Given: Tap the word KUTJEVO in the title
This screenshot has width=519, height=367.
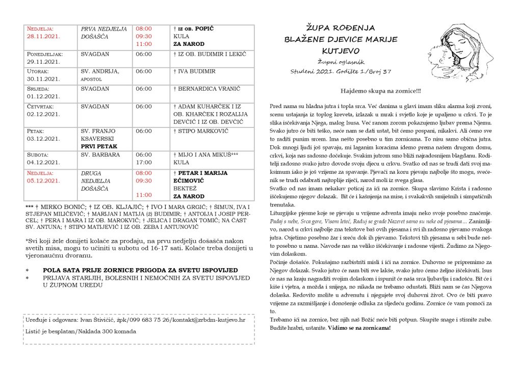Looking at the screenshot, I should [x=341, y=50].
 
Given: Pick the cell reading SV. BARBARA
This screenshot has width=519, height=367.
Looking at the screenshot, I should [x=100, y=154].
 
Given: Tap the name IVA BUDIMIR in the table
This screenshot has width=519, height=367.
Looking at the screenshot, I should [x=196, y=71].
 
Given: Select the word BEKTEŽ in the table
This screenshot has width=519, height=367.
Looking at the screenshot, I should [x=185, y=188].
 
